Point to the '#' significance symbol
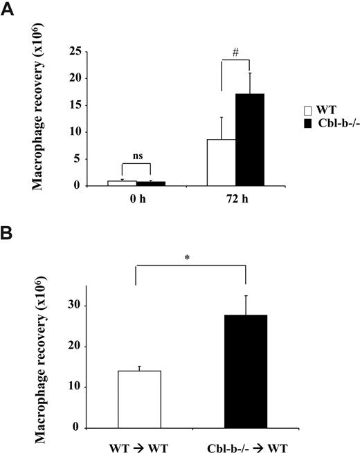tap(235, 53)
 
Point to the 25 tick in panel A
tap(77, 51)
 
